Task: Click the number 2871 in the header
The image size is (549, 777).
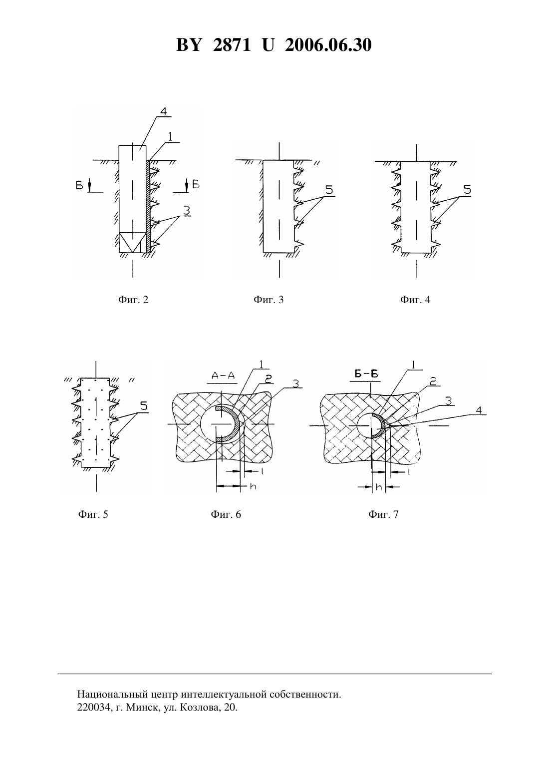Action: [x=232, y=45]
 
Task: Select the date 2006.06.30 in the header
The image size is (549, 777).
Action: [x=328, y=45]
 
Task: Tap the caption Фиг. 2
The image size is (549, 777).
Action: [x=133, y=299]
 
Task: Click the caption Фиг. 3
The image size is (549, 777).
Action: [x=269, y=299]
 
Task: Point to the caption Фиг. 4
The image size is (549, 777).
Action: [x=415, y=299]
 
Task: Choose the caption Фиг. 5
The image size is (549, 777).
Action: [x=93, y=514]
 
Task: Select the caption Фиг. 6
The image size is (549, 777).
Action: [x=226, y=514]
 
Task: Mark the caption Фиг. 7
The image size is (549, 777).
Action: [x=383, y=514]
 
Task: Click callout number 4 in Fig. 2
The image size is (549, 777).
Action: [x=163, y=111]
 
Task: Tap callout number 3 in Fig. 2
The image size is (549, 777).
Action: [x=187, y=210]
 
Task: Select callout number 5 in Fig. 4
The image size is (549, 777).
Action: [x=467, y=190]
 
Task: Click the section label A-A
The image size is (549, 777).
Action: [x=223, y=376]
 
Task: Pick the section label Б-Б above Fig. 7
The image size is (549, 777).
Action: [x=366, y=374]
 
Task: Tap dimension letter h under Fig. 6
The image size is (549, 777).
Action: [x=254, y=486]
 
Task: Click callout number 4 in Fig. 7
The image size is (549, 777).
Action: [x=479, y=410]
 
